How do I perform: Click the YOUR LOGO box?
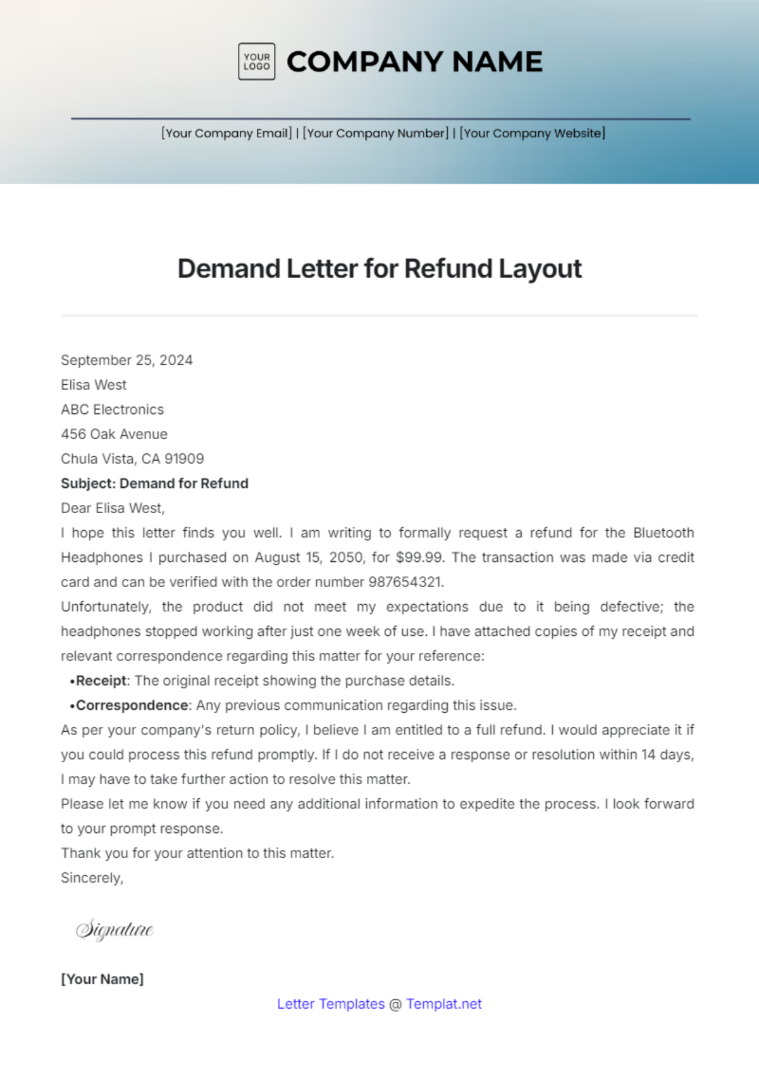pos(256,61)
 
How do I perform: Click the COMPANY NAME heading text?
pos(414,61)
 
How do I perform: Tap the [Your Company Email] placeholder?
pos(226,133)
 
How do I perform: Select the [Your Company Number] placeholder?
pos(376,133)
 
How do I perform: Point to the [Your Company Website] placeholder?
pos(533,133)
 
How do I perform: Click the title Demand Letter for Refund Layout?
pos(379,269)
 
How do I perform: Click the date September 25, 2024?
pos(126,360)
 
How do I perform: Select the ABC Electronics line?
pos(112,410)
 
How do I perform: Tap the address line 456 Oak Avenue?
pos(114,434)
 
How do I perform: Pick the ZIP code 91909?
pos(184,459)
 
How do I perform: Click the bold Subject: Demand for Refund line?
pos(154,483)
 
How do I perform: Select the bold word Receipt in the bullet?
pos(101,681)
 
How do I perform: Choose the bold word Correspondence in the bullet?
pos(132,705)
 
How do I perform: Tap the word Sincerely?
pos(92,878)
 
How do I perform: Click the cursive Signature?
pos(114,930)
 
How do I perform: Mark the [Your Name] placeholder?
pos(102,979)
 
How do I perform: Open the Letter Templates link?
pos(331,1004)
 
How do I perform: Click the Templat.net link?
pos(444,1004)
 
